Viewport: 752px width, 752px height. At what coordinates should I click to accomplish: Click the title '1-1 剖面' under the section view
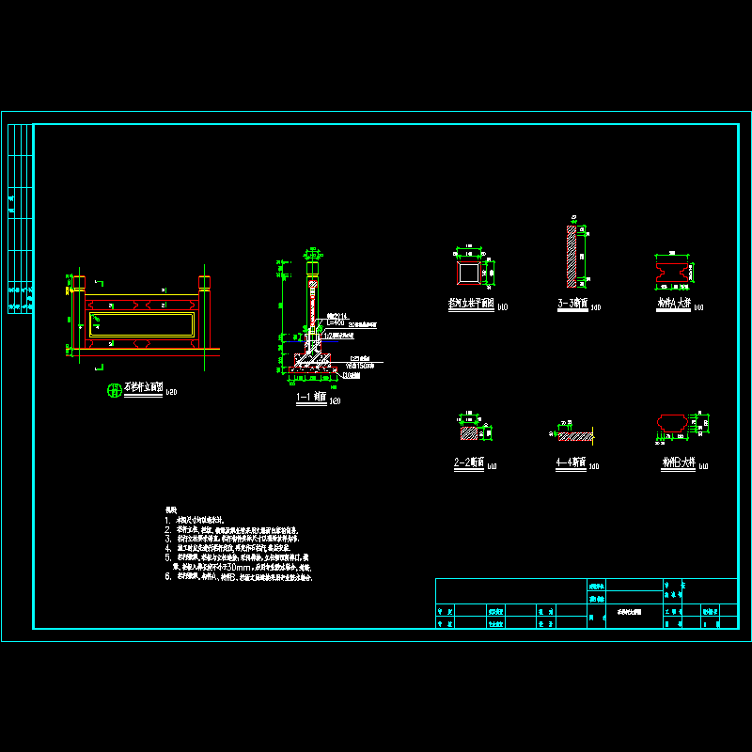coord(311,399)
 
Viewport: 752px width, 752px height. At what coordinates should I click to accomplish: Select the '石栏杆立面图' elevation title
coord(144,388)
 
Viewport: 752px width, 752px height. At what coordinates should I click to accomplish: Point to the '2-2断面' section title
coord(468,462)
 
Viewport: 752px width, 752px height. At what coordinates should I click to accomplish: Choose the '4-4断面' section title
coord(571,462)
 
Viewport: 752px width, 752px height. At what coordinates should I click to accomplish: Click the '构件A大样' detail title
coord(674,305)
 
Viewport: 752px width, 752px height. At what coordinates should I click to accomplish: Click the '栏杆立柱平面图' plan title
coord(471,305)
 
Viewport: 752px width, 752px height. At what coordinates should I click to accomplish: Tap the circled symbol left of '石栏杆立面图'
coord(116,392)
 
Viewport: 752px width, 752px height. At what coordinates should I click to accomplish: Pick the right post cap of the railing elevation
coord(204,283)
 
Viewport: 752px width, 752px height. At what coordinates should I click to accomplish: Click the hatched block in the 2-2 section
coord(468,433)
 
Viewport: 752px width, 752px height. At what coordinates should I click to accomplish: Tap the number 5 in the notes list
coord(167,556)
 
